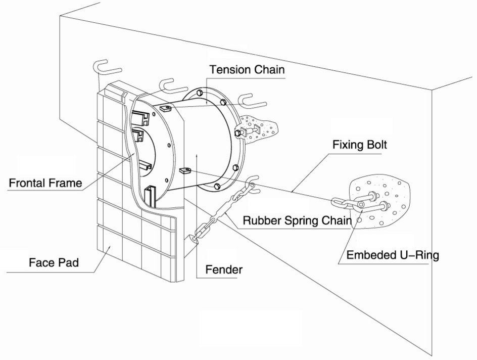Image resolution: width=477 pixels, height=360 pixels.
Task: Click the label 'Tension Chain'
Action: tap(247, 69)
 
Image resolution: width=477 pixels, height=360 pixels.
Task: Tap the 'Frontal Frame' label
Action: tap(45, 183)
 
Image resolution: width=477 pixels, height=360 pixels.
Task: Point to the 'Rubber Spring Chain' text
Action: tap(297, 221)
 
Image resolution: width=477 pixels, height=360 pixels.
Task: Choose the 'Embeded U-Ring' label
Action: tap(392, 255)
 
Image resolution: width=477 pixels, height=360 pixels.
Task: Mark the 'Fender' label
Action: tap(223, 269)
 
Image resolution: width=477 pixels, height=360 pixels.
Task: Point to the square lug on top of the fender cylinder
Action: tap(165, 107)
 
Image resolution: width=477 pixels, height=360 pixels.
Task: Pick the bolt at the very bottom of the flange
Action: tap(217, 187)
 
